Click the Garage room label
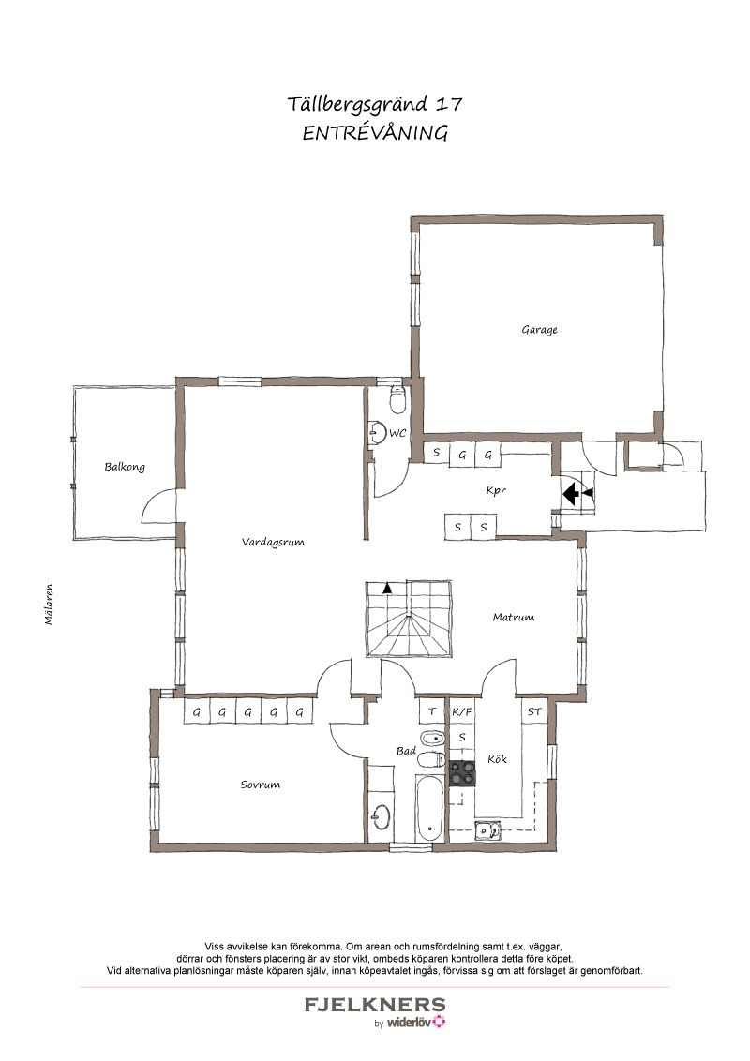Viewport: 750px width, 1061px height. point(539,330)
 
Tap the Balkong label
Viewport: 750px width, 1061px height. point(125,467)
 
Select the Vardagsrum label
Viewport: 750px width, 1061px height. point(273,542)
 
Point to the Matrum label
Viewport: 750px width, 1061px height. point(513,617)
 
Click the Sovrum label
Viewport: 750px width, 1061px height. point(260,785)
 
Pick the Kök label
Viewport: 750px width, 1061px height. point(497,759)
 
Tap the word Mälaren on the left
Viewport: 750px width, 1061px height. point(50,605)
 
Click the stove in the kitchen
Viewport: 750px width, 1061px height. point(463,773)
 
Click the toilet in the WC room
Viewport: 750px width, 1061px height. point(397,400)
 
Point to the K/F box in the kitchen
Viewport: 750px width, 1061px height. point(462,711)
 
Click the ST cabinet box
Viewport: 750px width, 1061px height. point(534,711)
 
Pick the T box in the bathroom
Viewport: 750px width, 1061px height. point(432,711)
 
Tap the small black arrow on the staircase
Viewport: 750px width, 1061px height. point(387,588)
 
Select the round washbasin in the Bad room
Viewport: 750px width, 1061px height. point(381,817)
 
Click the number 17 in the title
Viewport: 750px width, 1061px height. point(449,104)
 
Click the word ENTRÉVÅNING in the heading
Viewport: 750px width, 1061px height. point(375,133)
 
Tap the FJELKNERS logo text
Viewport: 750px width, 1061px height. point(375,1005)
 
